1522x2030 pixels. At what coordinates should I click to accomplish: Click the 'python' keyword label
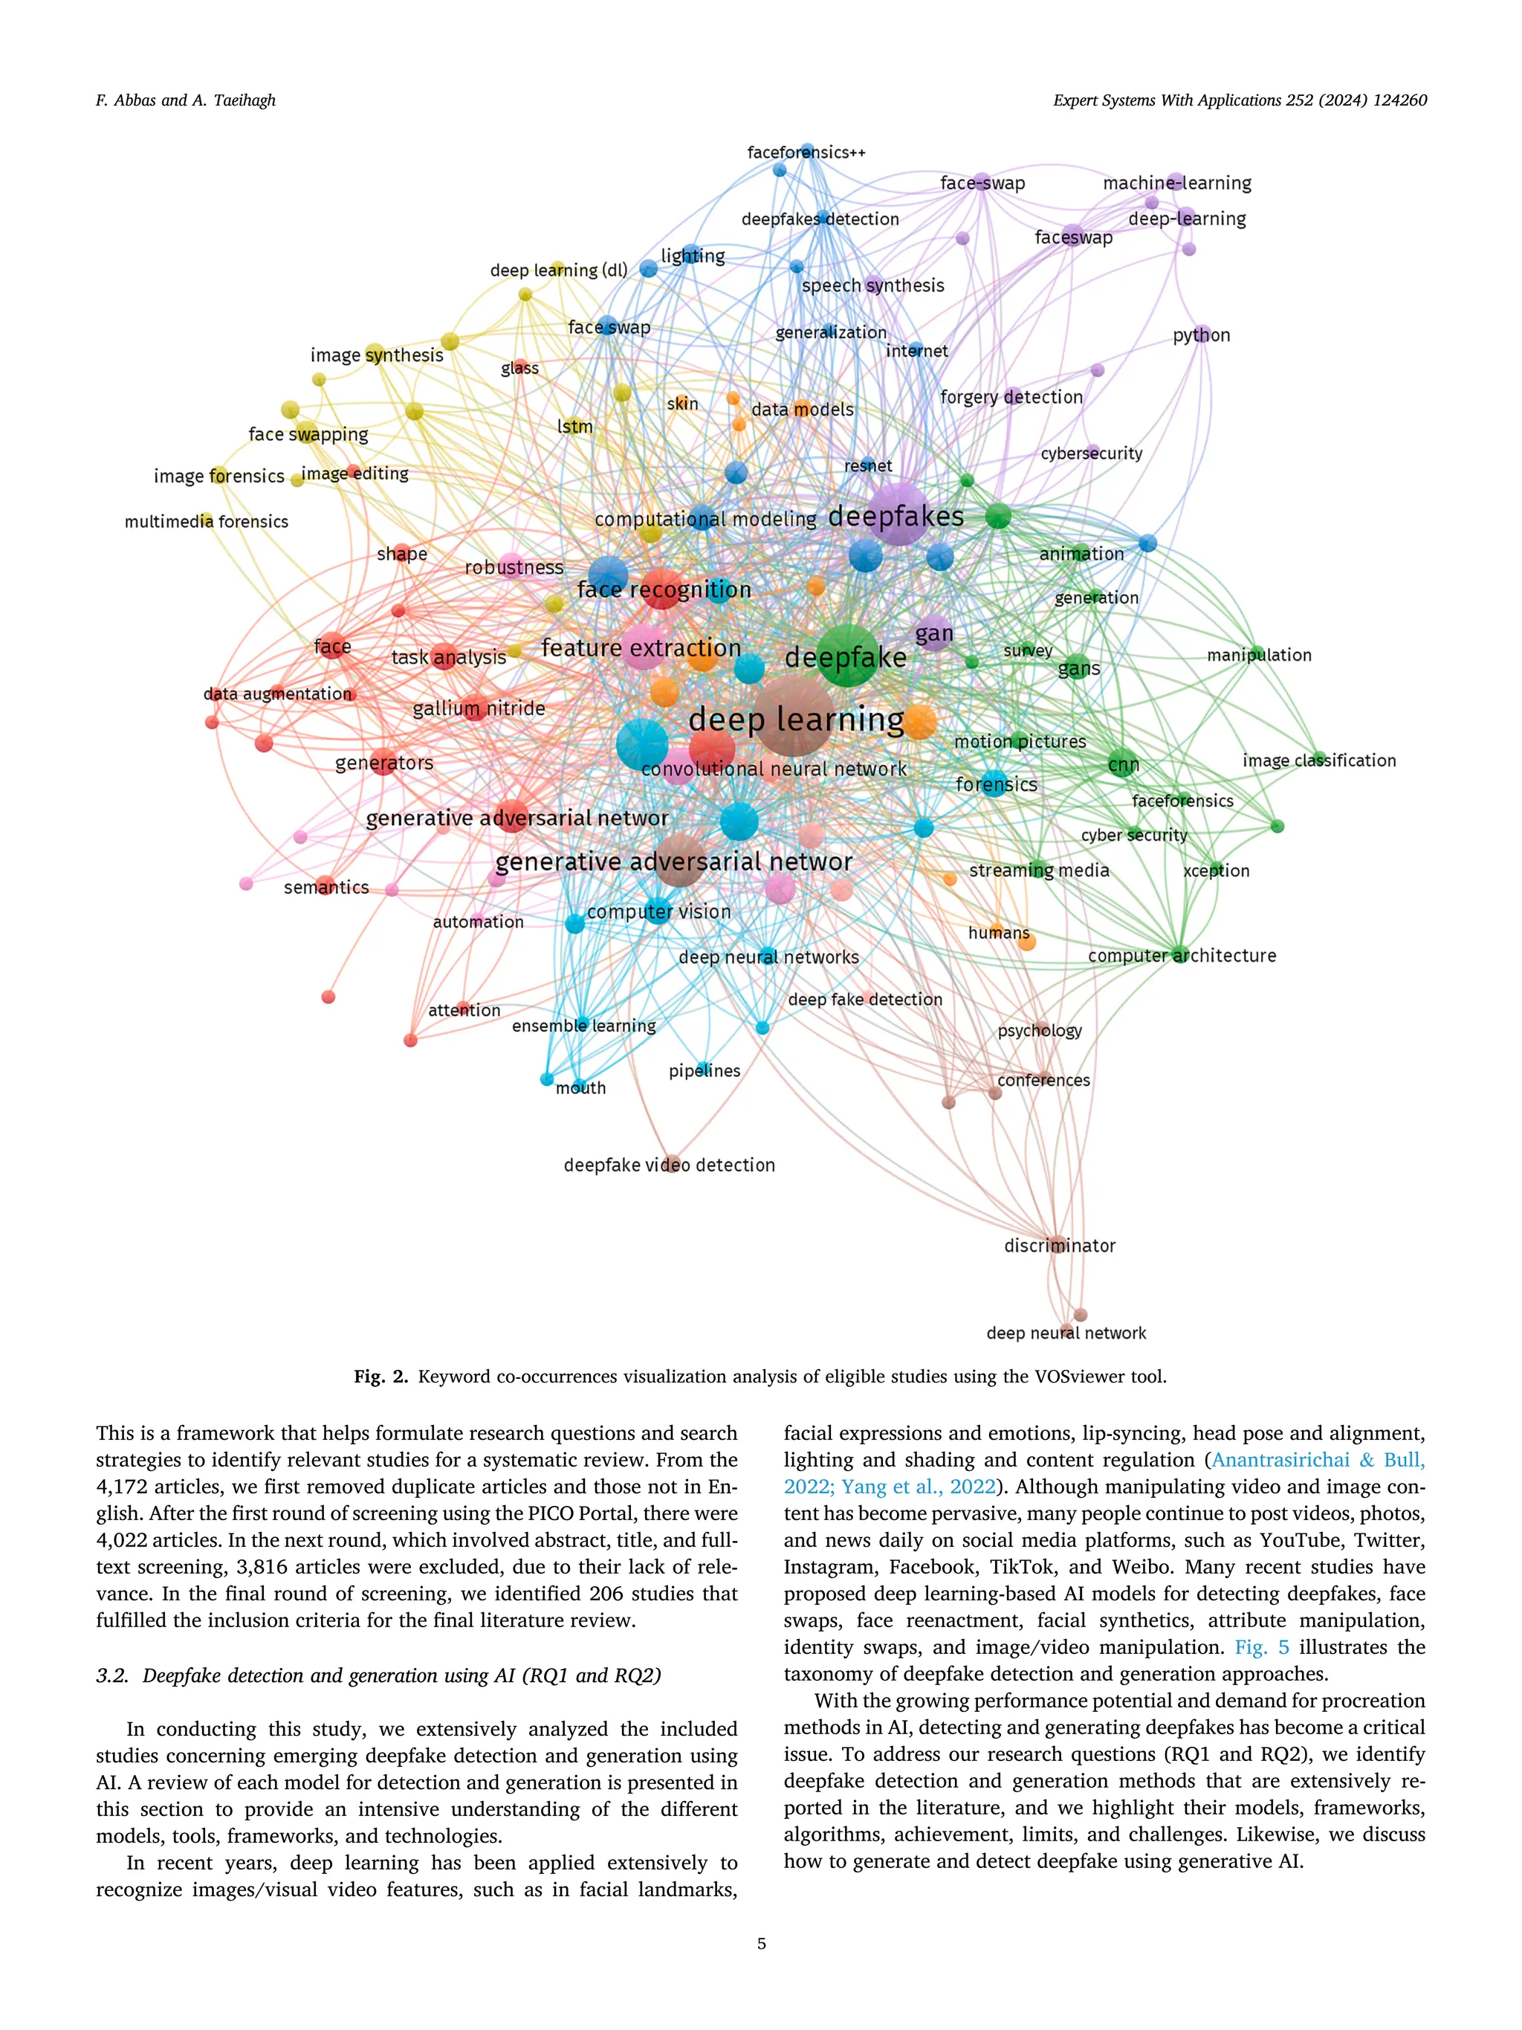click(1201, 336)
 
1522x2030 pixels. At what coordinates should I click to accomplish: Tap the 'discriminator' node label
click(1060, 1245)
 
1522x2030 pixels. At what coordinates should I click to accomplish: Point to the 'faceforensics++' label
click(806, 152)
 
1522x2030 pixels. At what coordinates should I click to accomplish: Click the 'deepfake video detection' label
click(669, 1166)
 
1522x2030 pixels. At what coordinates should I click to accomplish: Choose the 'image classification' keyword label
click(1318, 761)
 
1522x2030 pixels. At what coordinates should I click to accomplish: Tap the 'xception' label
click(1216, 871)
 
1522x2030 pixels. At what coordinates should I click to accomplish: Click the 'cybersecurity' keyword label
click(1091, 453)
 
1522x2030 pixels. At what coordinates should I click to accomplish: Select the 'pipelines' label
click(704, 1071)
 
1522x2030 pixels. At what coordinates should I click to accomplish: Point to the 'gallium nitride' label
click(479, 708)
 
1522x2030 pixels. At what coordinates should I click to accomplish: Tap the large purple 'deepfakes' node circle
click(899, 514)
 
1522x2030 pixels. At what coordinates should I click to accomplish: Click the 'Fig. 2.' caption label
click(380, 1377)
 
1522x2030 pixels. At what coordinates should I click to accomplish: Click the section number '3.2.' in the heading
click(114, 1675)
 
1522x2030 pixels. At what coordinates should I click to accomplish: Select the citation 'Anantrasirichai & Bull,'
click(1318, 1460)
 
